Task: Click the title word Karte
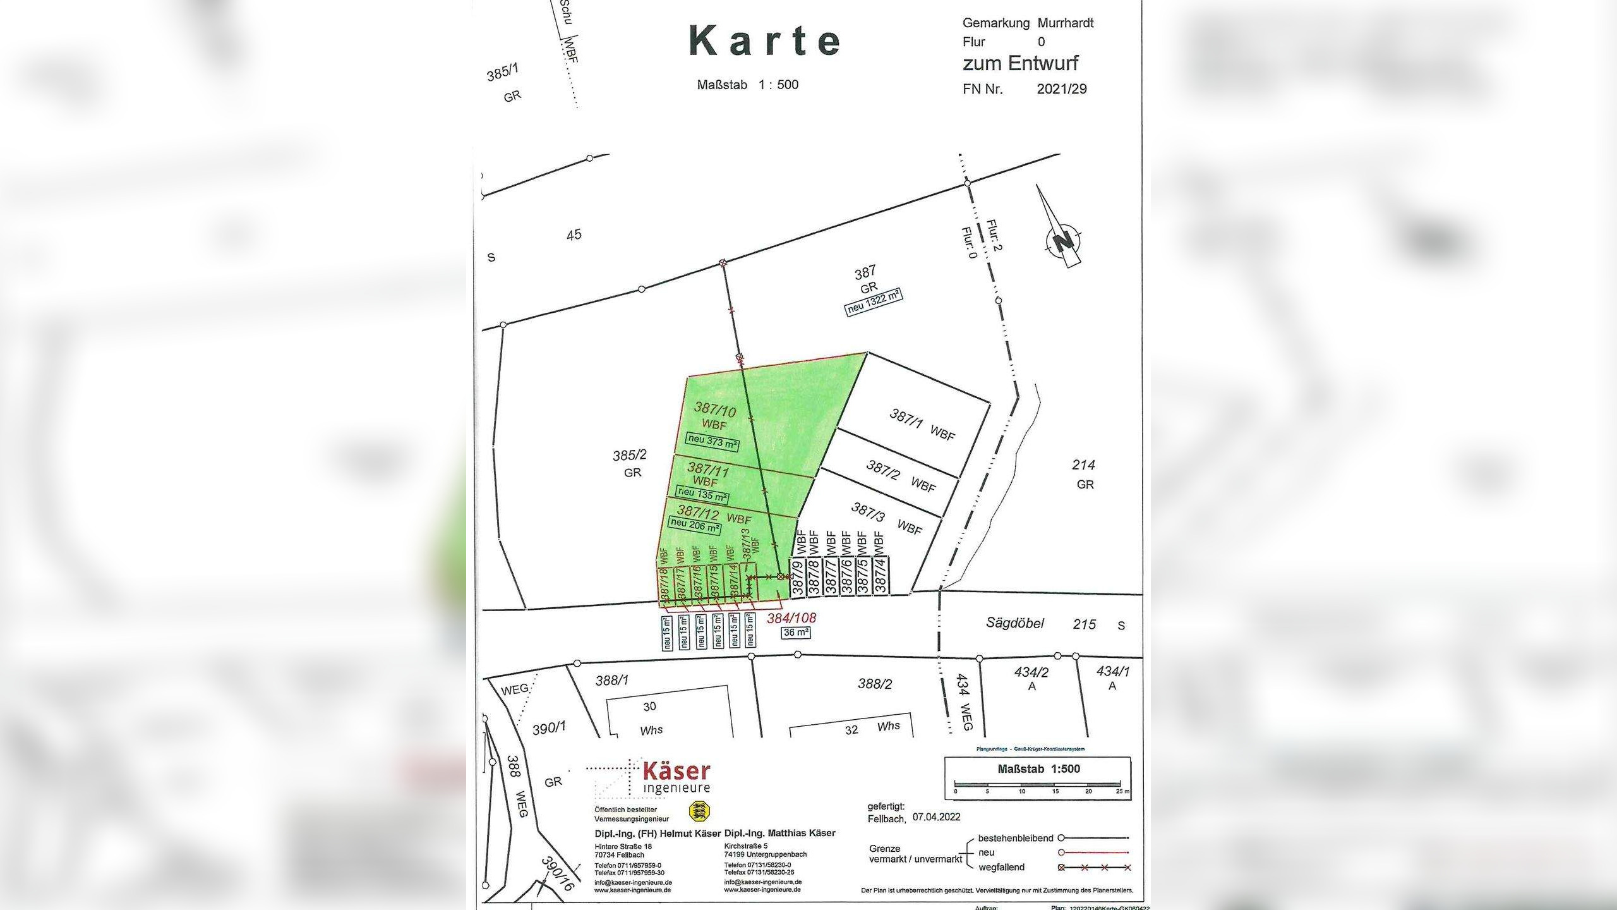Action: point(765,41)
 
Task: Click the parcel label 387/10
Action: point(715,409)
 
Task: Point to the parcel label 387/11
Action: point(708,469)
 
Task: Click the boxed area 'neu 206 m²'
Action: point(695,525)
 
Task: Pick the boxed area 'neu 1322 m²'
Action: point(874,303)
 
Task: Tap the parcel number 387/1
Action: point(906,419)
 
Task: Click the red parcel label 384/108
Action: point(791,618)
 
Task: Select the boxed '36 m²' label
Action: point(796,633)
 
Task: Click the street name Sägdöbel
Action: point(1014,623)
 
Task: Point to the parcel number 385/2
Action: point(629,455)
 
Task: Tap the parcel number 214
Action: point(1083,465)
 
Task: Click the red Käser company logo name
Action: point(676,772)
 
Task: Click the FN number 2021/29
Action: point(1061,89)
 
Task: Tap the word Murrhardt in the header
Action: point(1066,23)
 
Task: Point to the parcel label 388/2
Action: point(874,684)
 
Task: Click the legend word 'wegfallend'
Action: point(1001,868)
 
